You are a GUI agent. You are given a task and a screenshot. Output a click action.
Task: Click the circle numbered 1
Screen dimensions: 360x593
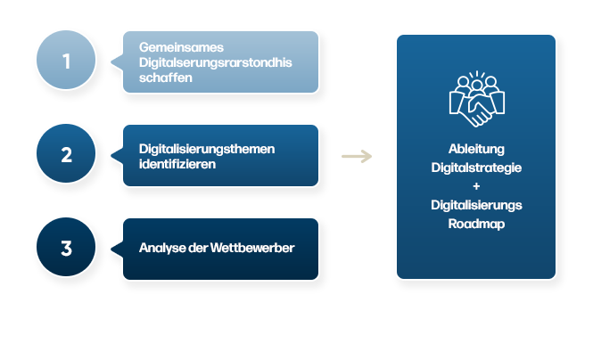point(66,62)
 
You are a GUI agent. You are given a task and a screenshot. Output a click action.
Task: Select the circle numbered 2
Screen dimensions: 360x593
point(66,155)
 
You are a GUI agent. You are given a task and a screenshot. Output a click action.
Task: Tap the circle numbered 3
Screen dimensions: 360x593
point(66,248)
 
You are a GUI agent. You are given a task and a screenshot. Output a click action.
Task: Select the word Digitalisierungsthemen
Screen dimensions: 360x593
point(207,149)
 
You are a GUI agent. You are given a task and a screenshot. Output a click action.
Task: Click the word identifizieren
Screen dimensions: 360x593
point(177,164)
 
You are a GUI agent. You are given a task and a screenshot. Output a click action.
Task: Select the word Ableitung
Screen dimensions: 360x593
point(476,149)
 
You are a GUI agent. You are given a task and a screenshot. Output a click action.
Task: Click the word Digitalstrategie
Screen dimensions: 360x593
point(476,168)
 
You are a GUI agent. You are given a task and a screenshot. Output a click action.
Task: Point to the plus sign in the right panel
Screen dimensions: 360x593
point(476,186)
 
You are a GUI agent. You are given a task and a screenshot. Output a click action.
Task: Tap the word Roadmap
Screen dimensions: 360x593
point(476,224)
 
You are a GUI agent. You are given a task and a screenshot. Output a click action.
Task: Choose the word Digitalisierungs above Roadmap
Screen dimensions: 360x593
point(476,205)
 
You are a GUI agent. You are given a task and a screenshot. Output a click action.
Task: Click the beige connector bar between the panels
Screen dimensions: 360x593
point(356,157)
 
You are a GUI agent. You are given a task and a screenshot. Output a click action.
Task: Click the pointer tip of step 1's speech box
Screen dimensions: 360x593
point(111,62)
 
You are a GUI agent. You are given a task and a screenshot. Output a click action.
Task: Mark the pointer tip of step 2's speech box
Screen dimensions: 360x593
point(111,155)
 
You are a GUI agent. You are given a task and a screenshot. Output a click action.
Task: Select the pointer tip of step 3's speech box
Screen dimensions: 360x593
point(111,248)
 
